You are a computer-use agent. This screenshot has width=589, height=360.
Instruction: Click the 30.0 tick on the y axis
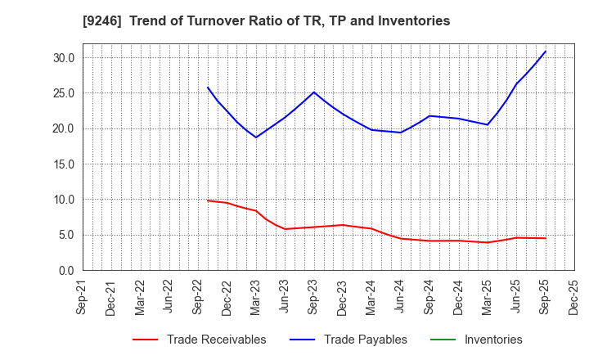[65, 58]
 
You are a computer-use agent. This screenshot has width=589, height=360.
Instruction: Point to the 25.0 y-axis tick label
[65, 93]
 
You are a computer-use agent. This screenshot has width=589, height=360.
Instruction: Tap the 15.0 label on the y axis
[65, 164]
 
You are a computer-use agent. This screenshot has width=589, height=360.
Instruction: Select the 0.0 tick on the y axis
[67, 271]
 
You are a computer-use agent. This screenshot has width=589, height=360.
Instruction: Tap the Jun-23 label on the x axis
[285, 298]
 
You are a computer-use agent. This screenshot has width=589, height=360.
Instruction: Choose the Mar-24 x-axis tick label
[371, 298]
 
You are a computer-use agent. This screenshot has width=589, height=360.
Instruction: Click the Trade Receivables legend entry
[216, 340]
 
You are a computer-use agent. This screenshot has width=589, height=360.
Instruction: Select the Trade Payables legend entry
[365, 340]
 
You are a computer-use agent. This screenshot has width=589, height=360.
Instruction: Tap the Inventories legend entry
[492, 340]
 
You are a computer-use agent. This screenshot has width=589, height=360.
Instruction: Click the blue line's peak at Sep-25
[546, 52]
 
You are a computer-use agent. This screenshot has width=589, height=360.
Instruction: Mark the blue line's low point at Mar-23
[256, 137]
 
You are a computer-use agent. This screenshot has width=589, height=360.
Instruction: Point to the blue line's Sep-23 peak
[314, 92]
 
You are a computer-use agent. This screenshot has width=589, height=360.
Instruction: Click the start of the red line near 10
[208, 200]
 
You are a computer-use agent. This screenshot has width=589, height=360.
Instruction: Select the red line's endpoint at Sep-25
[546, 238]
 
